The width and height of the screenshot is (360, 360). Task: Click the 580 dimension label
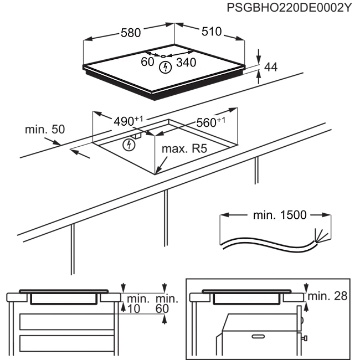click(131, 33)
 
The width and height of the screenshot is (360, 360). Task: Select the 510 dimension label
click(211, 33)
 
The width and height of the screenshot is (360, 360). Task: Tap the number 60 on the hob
click(147, 63)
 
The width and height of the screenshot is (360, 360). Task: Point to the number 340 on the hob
click(186, 63)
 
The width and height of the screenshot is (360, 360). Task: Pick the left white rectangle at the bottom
click(64, 298)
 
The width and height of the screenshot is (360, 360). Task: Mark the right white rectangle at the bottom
click(246, 298)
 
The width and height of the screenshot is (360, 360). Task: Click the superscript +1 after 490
click(139, 119)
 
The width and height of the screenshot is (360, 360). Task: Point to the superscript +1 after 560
click(222, 120)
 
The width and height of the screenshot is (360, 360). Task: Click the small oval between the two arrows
click(164, 56)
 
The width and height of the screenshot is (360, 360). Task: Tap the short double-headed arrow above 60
click(156, 55)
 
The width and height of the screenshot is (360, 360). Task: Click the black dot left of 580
click(117, 34)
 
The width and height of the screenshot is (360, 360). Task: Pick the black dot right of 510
click(225, 34)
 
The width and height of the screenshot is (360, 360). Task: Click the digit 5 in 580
click(124, 33)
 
